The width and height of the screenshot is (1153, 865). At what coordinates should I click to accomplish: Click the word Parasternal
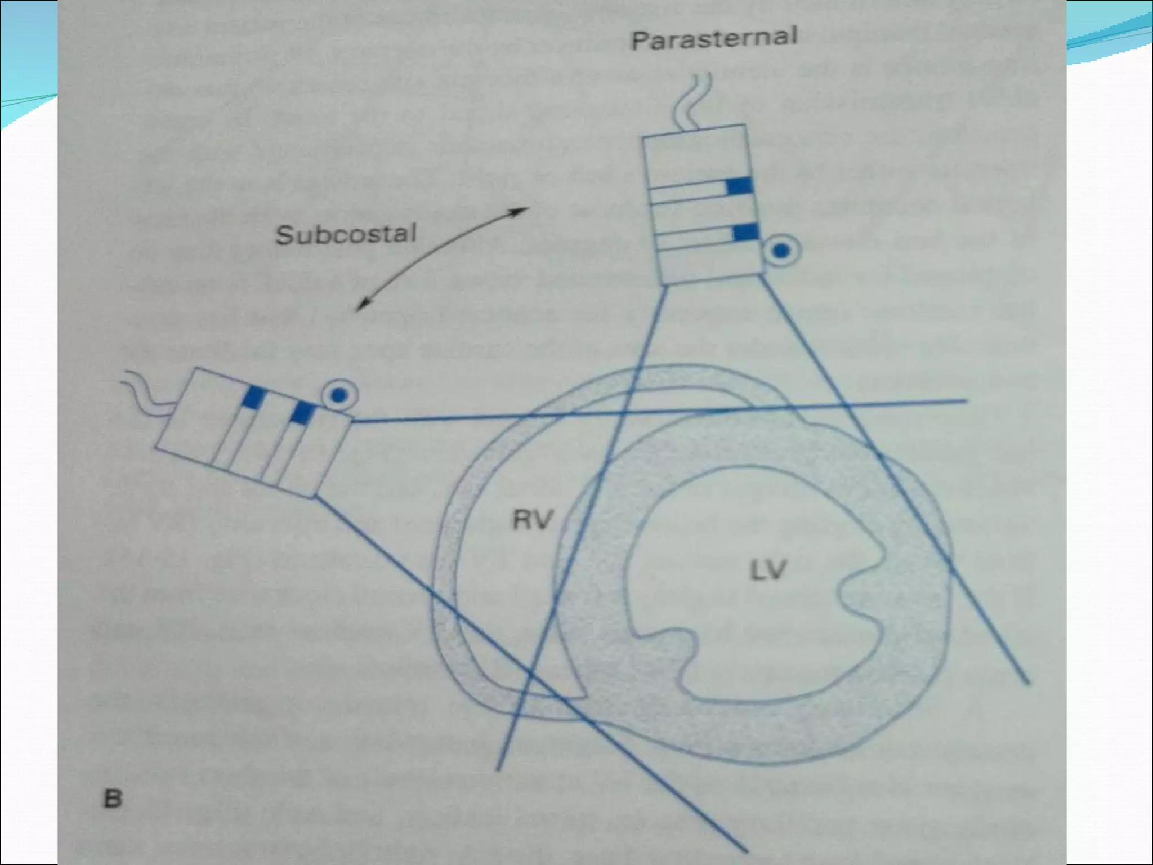click(713, 38)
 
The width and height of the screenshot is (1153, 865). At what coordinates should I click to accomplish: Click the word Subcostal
click(346, 234)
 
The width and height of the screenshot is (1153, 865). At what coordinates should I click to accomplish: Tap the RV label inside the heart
click(533, 519)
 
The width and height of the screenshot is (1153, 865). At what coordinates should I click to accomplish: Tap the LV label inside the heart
click(768, 571)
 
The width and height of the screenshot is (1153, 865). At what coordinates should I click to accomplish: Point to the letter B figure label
click(113, 799)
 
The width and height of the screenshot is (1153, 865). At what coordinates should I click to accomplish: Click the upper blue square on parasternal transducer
click(739, 186)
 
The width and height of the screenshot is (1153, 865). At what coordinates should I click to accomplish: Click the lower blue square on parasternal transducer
click(745, 232)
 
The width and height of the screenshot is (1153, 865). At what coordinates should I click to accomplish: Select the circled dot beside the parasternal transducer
click(780, 252)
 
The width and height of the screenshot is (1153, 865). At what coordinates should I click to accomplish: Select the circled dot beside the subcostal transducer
click(338, 396)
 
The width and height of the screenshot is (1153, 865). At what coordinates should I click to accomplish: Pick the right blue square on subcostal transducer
click(302, 413)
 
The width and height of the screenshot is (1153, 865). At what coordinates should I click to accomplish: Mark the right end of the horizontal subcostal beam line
click(966, 401)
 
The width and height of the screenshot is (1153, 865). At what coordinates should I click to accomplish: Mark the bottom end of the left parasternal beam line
click(498, 768)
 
